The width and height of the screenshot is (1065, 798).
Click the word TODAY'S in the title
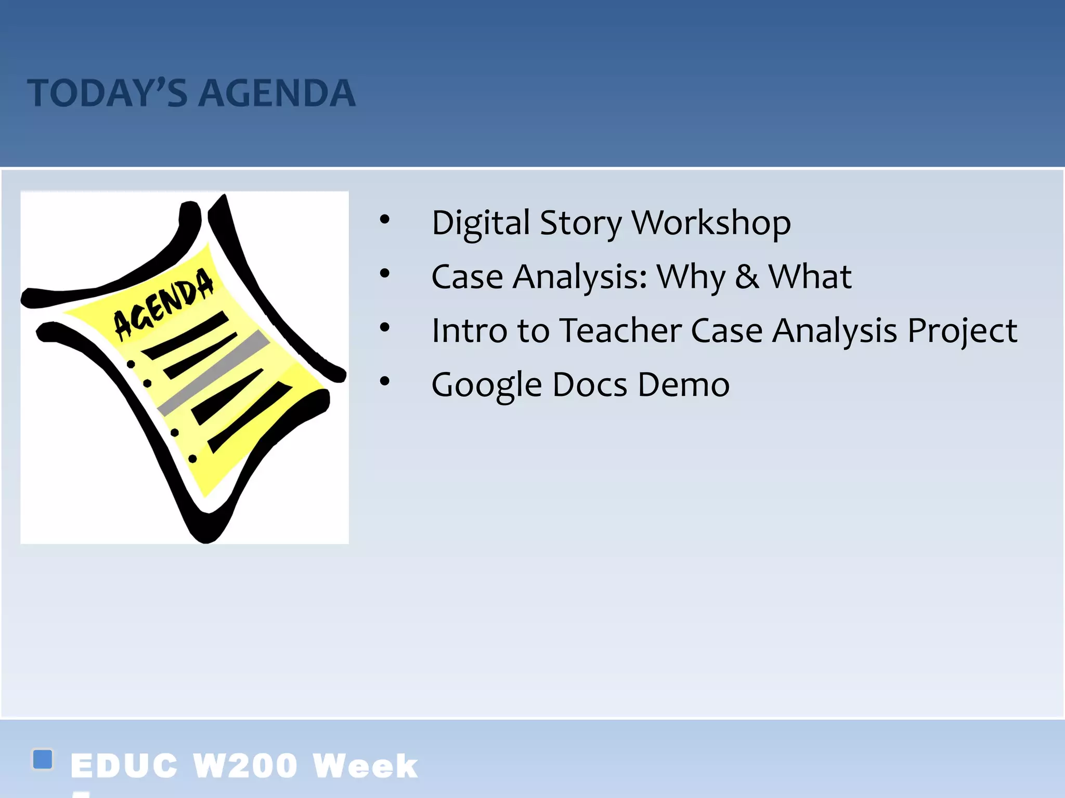point(107,94)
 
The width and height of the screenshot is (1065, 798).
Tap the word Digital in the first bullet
point(480,223)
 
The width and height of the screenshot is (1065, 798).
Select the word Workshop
point(711,223)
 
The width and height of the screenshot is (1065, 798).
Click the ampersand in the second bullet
point(747,276)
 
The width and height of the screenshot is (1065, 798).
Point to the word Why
point(691,277)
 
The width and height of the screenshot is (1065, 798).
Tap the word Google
point(487,385)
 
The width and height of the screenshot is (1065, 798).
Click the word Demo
point(683,384)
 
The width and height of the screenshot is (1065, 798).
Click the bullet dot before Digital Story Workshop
point(384,219)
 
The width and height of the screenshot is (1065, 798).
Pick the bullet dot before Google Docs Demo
point(384,381)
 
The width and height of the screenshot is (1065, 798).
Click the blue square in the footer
point(43,759)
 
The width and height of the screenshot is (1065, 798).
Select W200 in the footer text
point(245,766)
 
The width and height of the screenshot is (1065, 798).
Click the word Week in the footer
point(365,766)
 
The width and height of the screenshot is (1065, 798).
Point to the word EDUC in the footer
point(124,766)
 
